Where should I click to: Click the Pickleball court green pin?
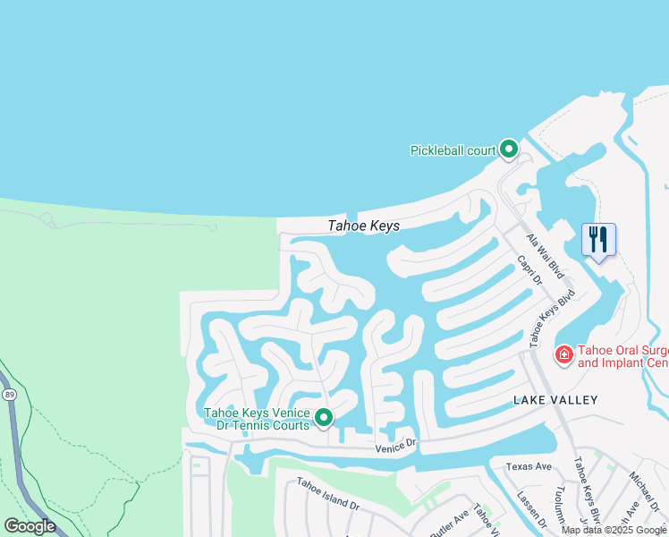[509, 149]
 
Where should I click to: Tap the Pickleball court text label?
[453, 150]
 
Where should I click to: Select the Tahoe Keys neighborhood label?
[364, 226]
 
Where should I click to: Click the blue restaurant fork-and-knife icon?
[598, 239]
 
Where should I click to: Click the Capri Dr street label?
[530, 271]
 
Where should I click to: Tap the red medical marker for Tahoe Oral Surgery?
[564, 355]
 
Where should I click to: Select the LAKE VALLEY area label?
[555, 399]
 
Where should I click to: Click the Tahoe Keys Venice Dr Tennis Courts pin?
[324, 417]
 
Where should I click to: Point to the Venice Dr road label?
[396, 445]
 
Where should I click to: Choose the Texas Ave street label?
[529, 466]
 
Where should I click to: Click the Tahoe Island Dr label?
[328, 493]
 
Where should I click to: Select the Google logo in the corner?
[29, 526]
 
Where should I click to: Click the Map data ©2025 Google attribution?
[614, 530]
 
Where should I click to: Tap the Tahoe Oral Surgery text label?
[622, 356]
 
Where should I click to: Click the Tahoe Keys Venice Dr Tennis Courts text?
[258, 419]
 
